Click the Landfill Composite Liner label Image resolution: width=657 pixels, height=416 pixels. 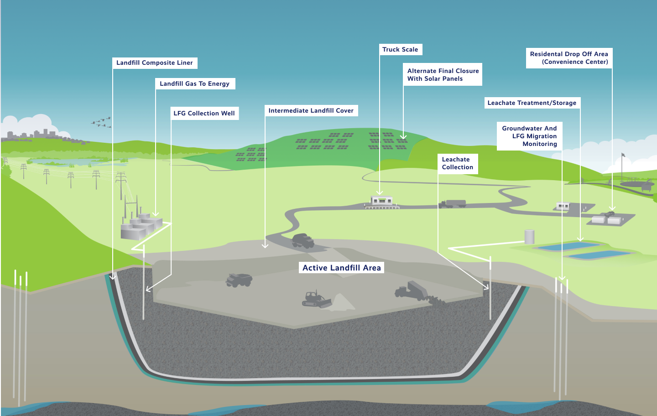click(x=155, y=63)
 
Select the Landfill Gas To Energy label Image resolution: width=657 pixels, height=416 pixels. click(x=195, y=84)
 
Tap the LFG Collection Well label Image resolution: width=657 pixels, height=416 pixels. click(x=204, y=114)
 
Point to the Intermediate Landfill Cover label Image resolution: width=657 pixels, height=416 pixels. click(x=311, y=111)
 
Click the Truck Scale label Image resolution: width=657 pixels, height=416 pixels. click(x=400, y=50)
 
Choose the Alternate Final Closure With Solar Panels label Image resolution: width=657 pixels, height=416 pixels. click(x=443, y=75)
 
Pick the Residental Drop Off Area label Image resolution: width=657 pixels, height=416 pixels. click(x=569, y=58)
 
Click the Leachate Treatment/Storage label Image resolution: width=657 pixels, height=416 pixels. click(x=532, y=103)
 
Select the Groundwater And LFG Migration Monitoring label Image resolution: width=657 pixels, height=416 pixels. click(x=529, y=136)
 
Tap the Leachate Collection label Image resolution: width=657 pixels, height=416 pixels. click(x=458, y=163)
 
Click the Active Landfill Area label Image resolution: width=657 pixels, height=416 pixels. click(x=342, y=268)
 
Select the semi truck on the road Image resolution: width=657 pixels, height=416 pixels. click(x=453, y=204)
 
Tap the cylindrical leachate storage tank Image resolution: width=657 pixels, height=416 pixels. click(x=529, y=236)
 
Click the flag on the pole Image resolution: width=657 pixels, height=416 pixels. click(x=623, y=155)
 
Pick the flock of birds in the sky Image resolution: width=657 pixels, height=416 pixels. click(x=101, y=122)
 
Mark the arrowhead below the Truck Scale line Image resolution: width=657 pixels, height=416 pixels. click(x=380, y=192)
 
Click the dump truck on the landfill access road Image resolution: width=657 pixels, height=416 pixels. click(x=302, y=240)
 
